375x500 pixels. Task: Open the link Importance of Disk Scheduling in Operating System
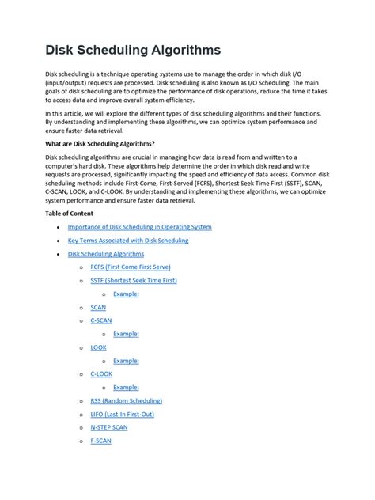[x=139, y=227]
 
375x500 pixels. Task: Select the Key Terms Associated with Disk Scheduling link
[x=128, y=241]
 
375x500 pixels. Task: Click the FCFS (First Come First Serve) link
[x=130, y=267]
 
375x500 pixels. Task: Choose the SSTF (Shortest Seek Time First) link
[x=134, y=280]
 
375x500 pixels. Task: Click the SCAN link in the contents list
[x=98, y=307]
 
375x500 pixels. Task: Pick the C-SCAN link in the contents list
[x=101, y=320]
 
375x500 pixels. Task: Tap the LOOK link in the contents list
[x=99, y=347]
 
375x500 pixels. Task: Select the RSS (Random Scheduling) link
[x=127, y=401]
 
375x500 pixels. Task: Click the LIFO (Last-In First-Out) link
[x=123, y=414]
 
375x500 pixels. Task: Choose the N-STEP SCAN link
[x=109, y=427]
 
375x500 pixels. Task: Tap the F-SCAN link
[x=100, y=441]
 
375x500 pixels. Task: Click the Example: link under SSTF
[x=126, y=294]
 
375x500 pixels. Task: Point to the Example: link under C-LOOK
[x=126, y=388]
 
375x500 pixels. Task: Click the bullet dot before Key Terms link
[x=59, y=241]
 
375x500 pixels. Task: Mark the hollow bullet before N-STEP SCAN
[x=81, y=428]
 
